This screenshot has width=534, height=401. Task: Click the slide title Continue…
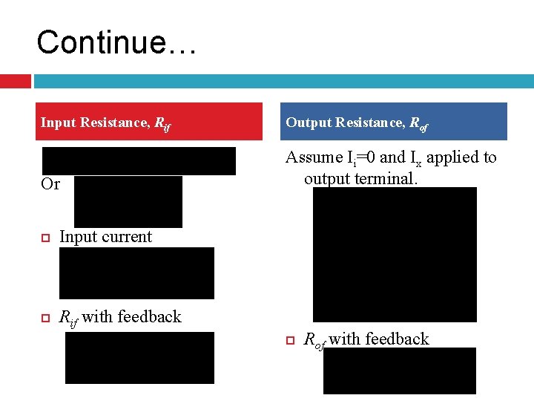[x=116, y=42]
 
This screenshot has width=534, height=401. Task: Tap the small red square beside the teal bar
[x=15, y=80]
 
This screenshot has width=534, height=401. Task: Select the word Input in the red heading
[x=57, y=123]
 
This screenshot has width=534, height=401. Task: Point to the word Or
[x=50, y=184]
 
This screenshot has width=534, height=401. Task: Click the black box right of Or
[x=128, y=201]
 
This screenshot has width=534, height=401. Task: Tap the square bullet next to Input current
[x=45, y=238]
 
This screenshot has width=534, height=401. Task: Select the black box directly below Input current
[x=136, y=273]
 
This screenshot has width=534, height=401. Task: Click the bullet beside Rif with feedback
[x=45, y=318]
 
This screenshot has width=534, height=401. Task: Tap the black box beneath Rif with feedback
[x=139, y=358]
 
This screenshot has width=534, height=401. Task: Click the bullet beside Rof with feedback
[x=291, y=340]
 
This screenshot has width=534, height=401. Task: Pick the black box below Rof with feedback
[x=399, y=371]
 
